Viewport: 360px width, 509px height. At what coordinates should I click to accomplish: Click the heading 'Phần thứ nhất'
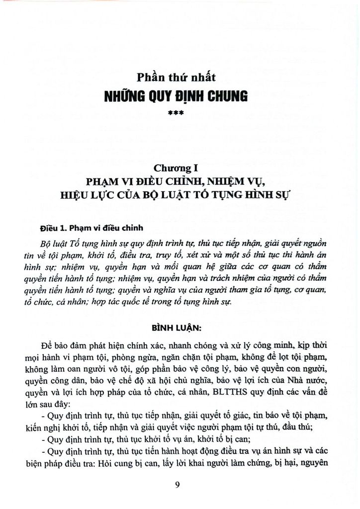point(180,77)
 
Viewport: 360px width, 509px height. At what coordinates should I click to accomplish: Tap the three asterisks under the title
point(180,113)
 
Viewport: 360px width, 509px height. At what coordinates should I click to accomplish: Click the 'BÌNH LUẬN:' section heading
point(180,328)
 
